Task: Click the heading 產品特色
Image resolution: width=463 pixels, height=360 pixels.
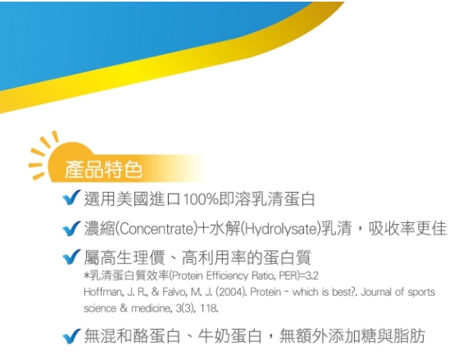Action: click(x=103, y=170)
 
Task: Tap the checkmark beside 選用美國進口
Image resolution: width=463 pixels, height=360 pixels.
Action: click(x=71, y=198)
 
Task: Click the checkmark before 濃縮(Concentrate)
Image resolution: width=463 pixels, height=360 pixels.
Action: click(x=71, y=229)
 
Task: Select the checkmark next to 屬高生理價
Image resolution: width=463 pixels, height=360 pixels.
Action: click(x=71, y=257)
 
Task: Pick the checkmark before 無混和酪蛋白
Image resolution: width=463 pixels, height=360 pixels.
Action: click(x=71, y=336)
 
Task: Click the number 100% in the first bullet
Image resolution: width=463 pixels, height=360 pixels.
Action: click(x=201, y=199)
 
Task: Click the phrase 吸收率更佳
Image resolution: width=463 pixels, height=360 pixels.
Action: click(x=407, y=229)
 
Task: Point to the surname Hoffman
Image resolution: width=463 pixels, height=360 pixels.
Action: click(x=102, y=292)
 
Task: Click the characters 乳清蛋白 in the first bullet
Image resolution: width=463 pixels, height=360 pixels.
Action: click(x=283, y=199)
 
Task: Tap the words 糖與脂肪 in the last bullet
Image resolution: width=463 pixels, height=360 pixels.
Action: click(x=393, y=336)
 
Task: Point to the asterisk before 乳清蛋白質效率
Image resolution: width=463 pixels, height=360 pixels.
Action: click(x=86, y=276)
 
